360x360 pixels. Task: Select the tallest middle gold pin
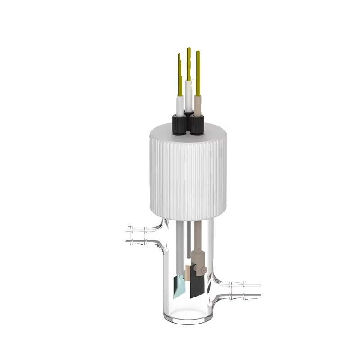(189, 63)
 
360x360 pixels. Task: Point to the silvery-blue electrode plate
(179, 286)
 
